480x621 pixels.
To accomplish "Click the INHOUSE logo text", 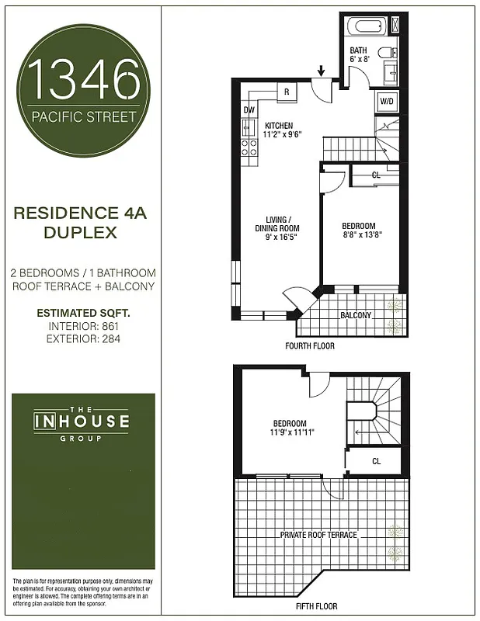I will (81, 424).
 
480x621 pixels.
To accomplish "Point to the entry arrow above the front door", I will (322, 72).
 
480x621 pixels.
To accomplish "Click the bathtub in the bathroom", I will (366, 26).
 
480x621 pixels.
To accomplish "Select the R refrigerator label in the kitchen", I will (287, 92).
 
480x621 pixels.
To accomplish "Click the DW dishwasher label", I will (249, 110).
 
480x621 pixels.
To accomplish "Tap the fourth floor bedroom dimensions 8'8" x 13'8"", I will (362, 234).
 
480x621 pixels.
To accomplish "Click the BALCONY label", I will (356, 315).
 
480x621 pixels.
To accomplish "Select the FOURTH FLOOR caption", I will (310, 346).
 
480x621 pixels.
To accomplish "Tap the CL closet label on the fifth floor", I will (377, 461).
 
